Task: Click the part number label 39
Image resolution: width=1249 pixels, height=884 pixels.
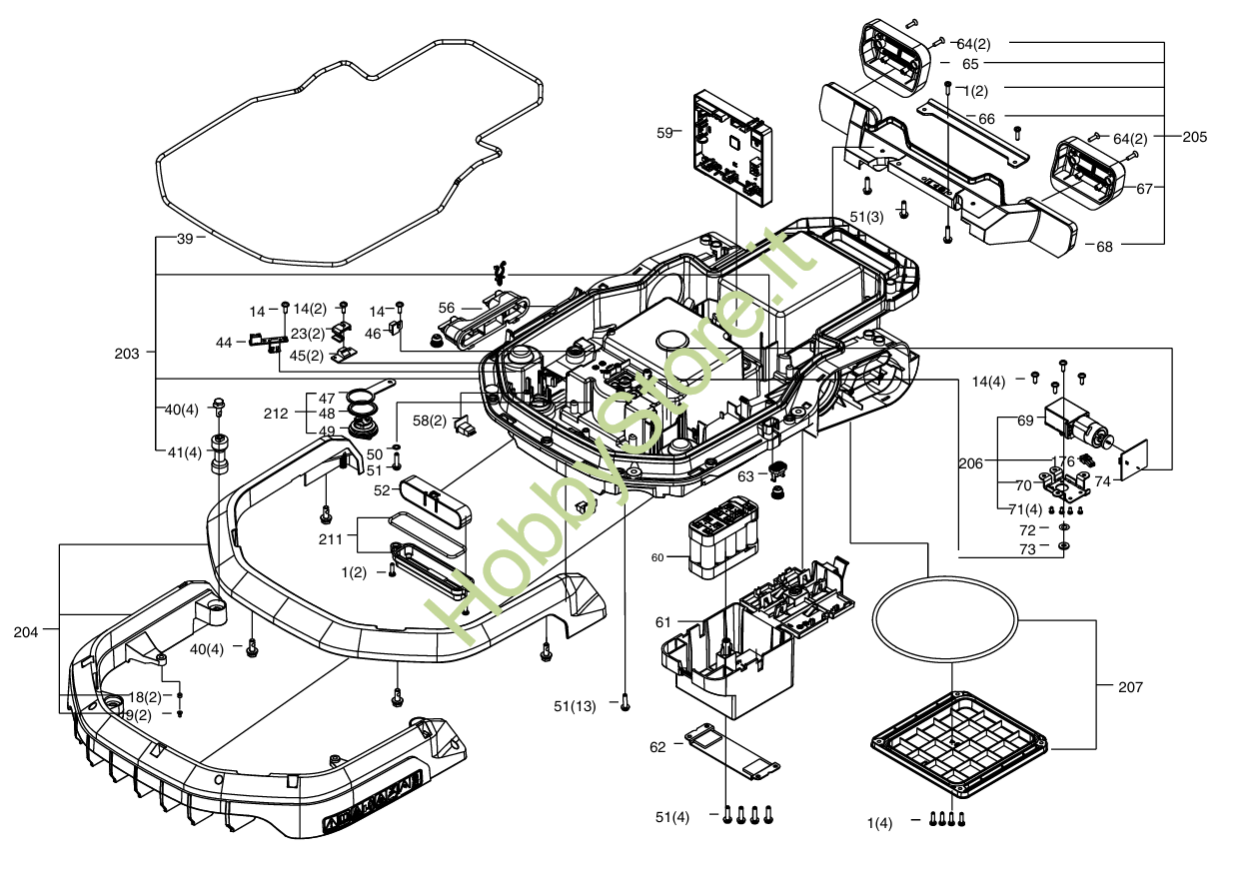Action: coord(185,239)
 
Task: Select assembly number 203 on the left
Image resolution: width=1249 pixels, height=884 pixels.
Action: coord(127,352)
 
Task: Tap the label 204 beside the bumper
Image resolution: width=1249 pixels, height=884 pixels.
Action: coord(27,632)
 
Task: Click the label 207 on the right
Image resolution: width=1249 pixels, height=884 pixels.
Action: coord(1130,687)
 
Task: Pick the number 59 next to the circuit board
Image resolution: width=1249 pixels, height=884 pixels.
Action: coord(664,131)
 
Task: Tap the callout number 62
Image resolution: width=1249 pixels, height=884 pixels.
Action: coord(657,747)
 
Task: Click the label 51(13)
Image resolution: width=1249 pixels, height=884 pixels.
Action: coord(575,706)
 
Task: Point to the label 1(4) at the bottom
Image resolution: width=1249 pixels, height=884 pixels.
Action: coord(880,822)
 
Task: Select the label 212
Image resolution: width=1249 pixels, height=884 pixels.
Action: coord(276,414)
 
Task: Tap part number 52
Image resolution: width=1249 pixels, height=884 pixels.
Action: coord(382,490)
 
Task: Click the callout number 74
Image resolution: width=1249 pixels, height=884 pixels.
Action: coord(1102,480)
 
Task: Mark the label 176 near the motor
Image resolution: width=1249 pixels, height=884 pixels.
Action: coord(1062,461)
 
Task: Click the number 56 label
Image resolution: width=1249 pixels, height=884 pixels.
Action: coord(447,308)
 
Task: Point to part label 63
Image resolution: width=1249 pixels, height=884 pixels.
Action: coord(746,476)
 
